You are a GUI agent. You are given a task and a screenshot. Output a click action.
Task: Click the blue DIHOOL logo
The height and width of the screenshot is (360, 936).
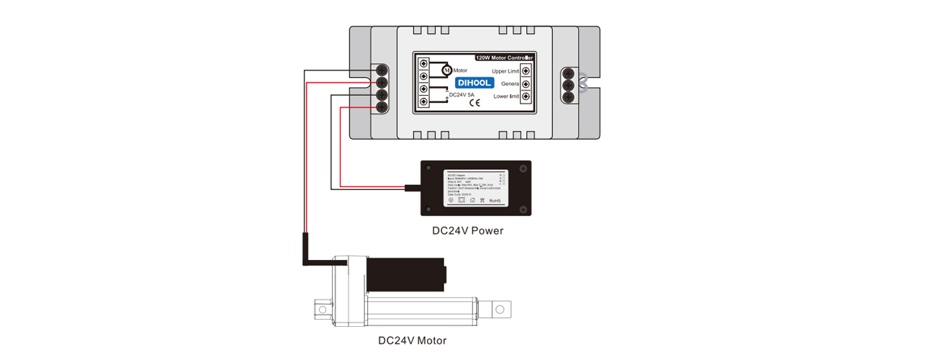coord(474,83)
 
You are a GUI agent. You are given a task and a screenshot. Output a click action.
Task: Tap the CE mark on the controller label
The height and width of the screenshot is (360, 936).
coord(475,102)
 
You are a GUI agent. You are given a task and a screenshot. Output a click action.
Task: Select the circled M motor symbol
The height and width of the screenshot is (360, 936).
coord(446,71)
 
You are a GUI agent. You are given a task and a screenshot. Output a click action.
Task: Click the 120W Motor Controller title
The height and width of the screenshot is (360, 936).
coord(504,57)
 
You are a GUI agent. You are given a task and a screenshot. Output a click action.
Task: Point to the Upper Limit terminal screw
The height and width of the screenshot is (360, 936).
coord(526,71)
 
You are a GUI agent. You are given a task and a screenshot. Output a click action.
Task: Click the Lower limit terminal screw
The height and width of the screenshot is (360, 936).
coord(526,96)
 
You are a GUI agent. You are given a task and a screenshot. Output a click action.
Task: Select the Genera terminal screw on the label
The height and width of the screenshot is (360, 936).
coord(526,84)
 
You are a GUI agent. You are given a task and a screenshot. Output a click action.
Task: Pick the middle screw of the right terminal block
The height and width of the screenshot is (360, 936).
coord(568,85)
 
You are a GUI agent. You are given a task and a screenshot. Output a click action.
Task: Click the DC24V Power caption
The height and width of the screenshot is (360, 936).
coord(467,231)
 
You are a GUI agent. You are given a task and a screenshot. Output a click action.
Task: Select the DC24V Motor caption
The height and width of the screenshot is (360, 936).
coord(412,341)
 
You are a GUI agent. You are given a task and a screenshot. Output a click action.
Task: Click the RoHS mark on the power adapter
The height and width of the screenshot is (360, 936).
coord(495,200)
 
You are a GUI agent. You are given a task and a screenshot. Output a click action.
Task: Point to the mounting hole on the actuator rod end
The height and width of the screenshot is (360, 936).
coord(499,309)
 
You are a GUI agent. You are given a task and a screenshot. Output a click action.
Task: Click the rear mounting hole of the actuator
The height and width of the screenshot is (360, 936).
coord(322,310)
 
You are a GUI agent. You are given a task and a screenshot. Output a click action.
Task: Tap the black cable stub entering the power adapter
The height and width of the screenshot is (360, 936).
coord(413,189)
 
